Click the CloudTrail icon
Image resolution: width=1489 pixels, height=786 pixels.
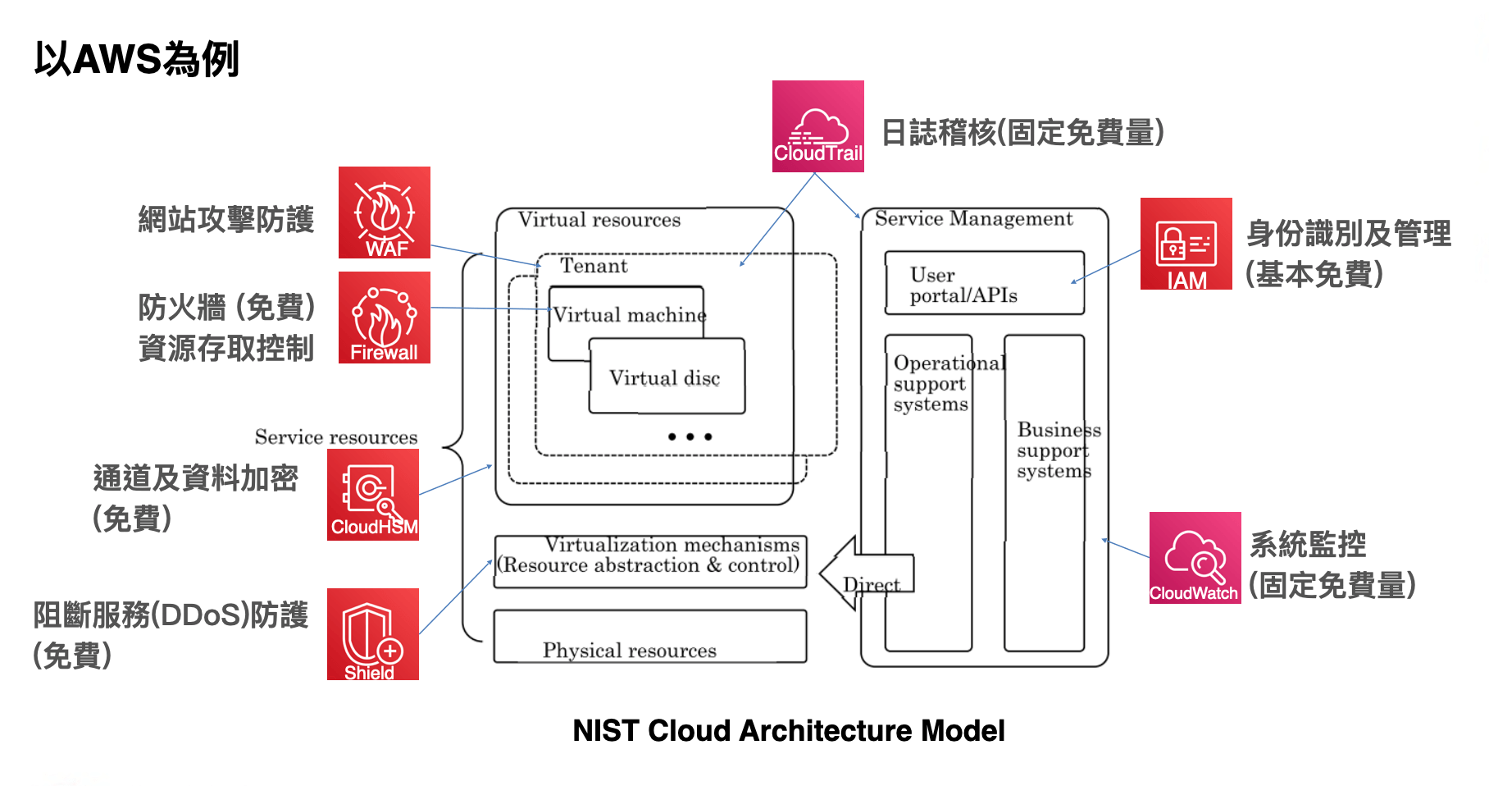tap(817, 126)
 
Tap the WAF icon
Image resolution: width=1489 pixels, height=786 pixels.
tap(384, 212)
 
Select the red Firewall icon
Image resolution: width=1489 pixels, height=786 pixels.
tap(384, 318)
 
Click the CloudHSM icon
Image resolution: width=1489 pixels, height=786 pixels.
tap(373, 495)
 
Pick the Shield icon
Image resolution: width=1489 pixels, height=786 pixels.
tap(373, 634)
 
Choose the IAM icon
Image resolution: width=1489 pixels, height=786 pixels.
tap(1186, 244)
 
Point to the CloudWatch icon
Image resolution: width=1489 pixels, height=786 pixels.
tap(1195, 558)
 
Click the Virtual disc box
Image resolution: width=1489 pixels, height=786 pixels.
tap(666, 377)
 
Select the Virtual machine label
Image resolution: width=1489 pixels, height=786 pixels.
tap(629, 315)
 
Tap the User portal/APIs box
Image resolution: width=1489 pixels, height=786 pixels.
tap(984, 284)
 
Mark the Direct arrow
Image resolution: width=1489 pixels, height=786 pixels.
tap(867, 574)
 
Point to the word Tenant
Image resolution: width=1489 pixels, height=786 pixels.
tap(594, 266)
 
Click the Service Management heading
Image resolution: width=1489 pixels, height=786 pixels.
tap(973, 219)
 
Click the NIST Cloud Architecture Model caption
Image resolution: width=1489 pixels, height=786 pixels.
tap(788, 730)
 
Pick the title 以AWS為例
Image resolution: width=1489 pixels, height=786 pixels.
tap(136, 59)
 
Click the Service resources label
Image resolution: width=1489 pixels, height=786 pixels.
tap(336, 437)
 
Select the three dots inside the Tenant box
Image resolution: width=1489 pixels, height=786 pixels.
tap(690, 436)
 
